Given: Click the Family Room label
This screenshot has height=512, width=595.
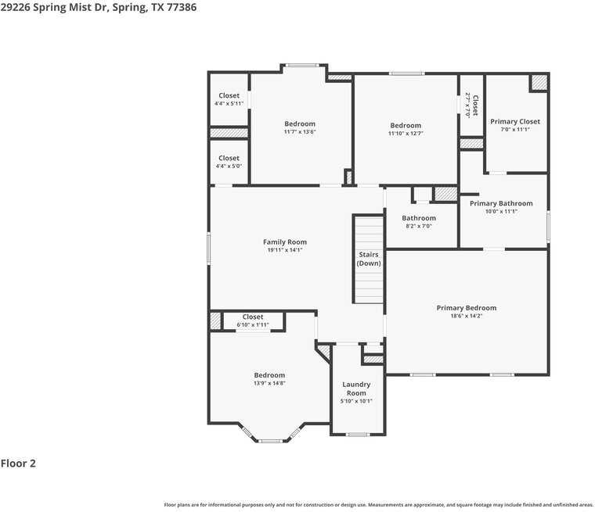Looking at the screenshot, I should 285,242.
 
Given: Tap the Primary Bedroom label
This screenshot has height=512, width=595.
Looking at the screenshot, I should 466,308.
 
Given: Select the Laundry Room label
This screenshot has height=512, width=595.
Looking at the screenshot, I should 356,388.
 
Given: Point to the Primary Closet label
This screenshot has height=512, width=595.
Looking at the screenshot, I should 514,122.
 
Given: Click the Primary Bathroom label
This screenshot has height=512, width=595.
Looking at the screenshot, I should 501,203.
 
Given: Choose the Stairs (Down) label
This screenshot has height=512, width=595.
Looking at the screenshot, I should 369,259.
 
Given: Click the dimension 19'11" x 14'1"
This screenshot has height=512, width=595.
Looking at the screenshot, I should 285,250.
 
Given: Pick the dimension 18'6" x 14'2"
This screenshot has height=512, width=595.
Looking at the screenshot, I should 466,316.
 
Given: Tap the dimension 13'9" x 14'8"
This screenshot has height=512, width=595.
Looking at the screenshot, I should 269,383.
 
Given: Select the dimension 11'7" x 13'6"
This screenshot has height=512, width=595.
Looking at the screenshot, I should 300,132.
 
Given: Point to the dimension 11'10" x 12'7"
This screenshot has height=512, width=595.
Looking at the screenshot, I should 406,134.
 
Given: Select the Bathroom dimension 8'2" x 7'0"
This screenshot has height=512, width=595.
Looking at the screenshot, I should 419,226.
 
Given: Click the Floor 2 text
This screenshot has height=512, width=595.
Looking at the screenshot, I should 18,464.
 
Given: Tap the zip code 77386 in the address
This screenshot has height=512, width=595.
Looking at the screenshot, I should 179,7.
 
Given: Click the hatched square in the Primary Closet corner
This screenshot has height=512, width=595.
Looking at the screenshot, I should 539,82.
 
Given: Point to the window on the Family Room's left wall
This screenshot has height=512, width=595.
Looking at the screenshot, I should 209,248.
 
